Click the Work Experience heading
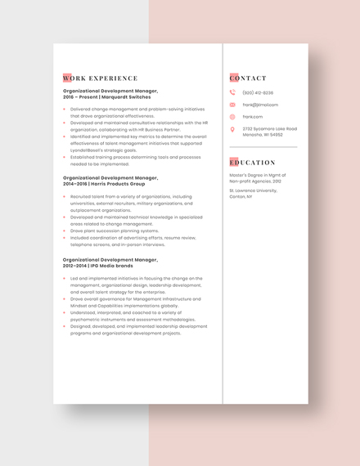pos(100,78)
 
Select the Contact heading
pos(248,78)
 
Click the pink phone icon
pos(232,93)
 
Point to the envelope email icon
pos(232,105)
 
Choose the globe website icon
pos(232,117)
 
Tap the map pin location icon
pos(232,129)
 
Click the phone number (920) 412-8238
pos(258,93)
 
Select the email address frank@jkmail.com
pos(260,105)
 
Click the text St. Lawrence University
pos(254,190)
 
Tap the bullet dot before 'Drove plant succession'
pos(65,231)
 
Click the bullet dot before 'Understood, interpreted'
pos(65,312)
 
